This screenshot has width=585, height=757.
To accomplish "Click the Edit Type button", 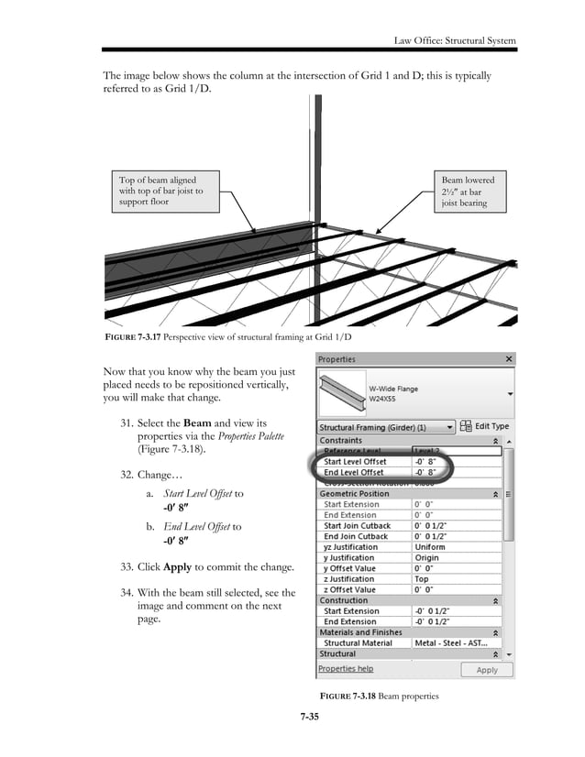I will [x=486, y=427].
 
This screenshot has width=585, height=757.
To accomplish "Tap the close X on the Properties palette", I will [x=506, y=359].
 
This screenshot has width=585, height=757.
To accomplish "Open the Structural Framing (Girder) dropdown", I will [x=386, y=427].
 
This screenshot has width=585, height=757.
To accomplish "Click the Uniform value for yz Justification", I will [x=431, y=546].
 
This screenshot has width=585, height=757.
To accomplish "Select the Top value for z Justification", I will [x=423, y=579].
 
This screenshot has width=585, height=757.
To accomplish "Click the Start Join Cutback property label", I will [x=357, y=526].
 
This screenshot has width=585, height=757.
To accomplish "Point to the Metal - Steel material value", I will [x=451, y=643].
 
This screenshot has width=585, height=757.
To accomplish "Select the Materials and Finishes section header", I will [x=360, y=632].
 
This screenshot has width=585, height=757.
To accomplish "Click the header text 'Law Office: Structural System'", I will [x=455, y=40].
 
